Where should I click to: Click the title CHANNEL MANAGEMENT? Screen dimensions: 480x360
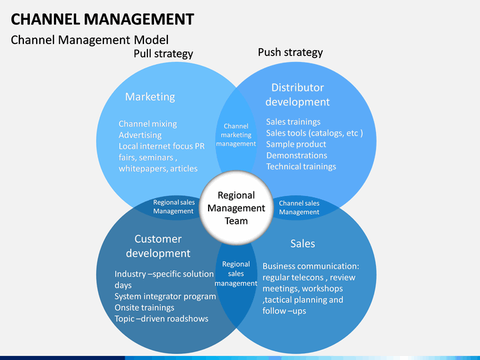(x=102, y=19)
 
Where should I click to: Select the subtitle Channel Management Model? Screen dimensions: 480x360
(x=90, y=40)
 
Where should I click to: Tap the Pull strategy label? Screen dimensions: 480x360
(x=163, y=53)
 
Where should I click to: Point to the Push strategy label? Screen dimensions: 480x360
(x=290, y=53)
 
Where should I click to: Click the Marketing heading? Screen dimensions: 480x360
(x=150, y=97)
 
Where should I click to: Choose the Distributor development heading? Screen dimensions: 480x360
(x=297, y=95)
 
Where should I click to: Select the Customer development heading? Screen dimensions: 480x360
(x=158, y=246)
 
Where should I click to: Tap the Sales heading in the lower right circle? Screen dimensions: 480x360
(x=303, y=244)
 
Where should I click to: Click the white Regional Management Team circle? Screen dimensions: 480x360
(x=236, y=208)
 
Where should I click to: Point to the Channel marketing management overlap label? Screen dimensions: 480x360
(x=236, y=135)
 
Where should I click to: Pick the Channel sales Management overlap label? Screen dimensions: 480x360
(x=299, y=207)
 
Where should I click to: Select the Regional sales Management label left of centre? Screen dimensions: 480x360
(x=174, y=207)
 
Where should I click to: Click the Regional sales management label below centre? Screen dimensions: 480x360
(x=236, y=274)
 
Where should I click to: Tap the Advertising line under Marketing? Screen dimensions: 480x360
(x=140, y=135)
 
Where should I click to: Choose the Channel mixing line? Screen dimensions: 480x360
(x=147, y=124)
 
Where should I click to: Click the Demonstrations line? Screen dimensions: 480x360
(x=296, y=155)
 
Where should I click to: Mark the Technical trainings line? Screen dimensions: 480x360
(x=301, y=167)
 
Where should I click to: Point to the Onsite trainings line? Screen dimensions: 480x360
(x=144, y=307)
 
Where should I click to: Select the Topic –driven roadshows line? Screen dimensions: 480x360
(x=161, y=319)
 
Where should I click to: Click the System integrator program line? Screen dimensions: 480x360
(x=165, y=296)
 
